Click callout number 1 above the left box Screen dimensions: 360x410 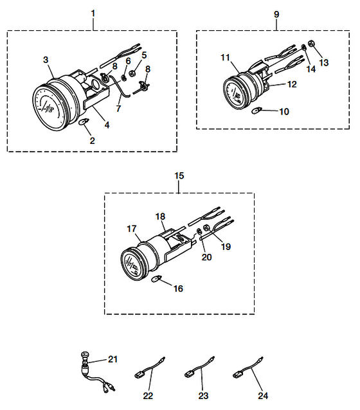[93, 13]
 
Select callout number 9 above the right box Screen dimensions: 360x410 [276, 14]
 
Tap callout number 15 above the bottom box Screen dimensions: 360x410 [179, 175]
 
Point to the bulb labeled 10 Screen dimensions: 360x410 [256, 111]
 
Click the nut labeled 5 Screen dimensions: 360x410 [132, 73]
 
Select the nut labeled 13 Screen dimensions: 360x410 [311, 43]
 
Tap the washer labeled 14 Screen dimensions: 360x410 [303, 48]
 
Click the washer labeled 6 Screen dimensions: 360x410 [123, 78]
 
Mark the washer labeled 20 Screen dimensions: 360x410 [199, 231]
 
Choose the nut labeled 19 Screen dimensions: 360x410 [206, 228]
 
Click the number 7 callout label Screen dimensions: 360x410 [118, 108]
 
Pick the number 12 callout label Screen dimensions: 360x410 [292, 84]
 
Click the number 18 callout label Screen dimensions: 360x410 [160, 217]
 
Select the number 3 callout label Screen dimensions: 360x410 [46, 60]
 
